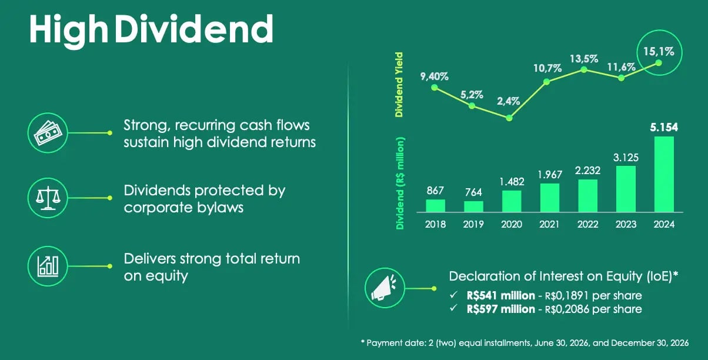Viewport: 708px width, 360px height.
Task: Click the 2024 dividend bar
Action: click(x=664, y=174)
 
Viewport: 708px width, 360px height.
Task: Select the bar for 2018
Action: click(x=435, y=206)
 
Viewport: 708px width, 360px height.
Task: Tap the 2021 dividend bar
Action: click(x=550, y=198)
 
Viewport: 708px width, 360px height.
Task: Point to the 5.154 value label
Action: click(x=664, y=128)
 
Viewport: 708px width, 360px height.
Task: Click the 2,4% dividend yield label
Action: click(x=508, y=101)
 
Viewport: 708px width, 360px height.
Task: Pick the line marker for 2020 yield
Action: click(x=509, y=118)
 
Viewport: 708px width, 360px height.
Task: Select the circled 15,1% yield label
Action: click(x=659, y=51)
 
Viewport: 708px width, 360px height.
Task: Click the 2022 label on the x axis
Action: click(x=587, y=224)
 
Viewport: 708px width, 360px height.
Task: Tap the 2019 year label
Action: click(x=473, y=224)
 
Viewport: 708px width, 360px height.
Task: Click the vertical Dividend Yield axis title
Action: click(x=399, y=85)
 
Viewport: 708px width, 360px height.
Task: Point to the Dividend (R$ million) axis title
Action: click(x=400, y=184)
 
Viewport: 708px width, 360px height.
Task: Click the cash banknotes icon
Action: click(x=48, y=133)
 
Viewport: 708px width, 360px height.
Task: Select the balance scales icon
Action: click(x=48, y=198)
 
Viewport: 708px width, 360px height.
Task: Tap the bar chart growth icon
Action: click(x=48, y=266)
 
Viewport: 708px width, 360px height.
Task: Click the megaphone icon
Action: click(x=385, y=288)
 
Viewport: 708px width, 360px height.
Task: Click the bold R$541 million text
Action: click(x=500, y=295)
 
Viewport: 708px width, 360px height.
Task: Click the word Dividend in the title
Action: click(x=194, y=29)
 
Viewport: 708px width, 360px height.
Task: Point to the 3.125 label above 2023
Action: click(x=626, y=158)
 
